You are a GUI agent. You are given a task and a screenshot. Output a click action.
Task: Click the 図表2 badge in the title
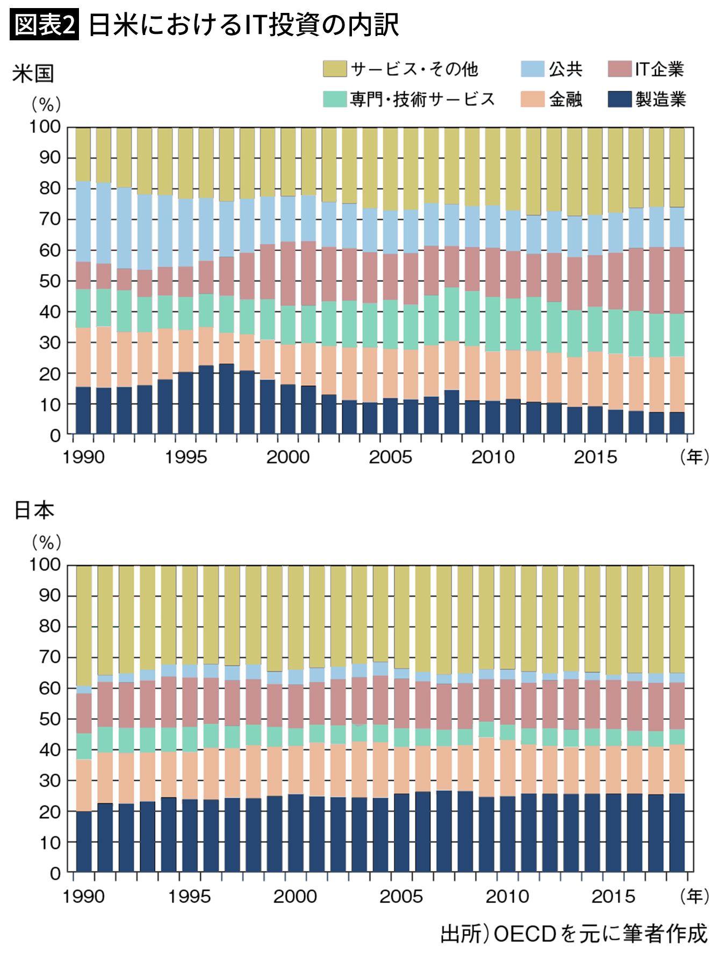[x=45, y=25]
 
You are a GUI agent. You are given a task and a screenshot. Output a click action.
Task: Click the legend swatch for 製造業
[x=620, y=99]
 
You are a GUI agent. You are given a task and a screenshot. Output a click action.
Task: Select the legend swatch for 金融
[x=532, y=99]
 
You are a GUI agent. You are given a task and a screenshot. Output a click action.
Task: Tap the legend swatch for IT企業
[x=620, y=69]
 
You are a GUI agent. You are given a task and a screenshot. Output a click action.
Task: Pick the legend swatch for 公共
[x=532, y=69]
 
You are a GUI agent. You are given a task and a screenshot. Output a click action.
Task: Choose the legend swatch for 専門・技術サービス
[x=334, y=99]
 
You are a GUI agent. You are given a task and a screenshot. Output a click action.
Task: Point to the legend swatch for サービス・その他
[x=334, y=69]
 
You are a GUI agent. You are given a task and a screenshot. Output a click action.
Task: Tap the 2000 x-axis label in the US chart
[x=288, y=458]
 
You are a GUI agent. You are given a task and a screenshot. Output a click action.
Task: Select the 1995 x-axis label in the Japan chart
[x=189, y=896]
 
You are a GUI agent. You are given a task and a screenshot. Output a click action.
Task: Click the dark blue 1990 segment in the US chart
[x=83, y=410]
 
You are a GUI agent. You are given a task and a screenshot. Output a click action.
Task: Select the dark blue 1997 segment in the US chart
[x=226, y=398]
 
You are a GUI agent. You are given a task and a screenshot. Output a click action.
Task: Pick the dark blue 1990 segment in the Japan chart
[x=84, y=841]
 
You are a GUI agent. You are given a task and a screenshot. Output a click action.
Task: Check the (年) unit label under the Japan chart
[x=694, y=896]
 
